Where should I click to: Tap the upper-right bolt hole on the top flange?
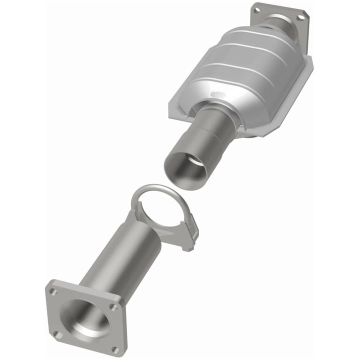[300, 17]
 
